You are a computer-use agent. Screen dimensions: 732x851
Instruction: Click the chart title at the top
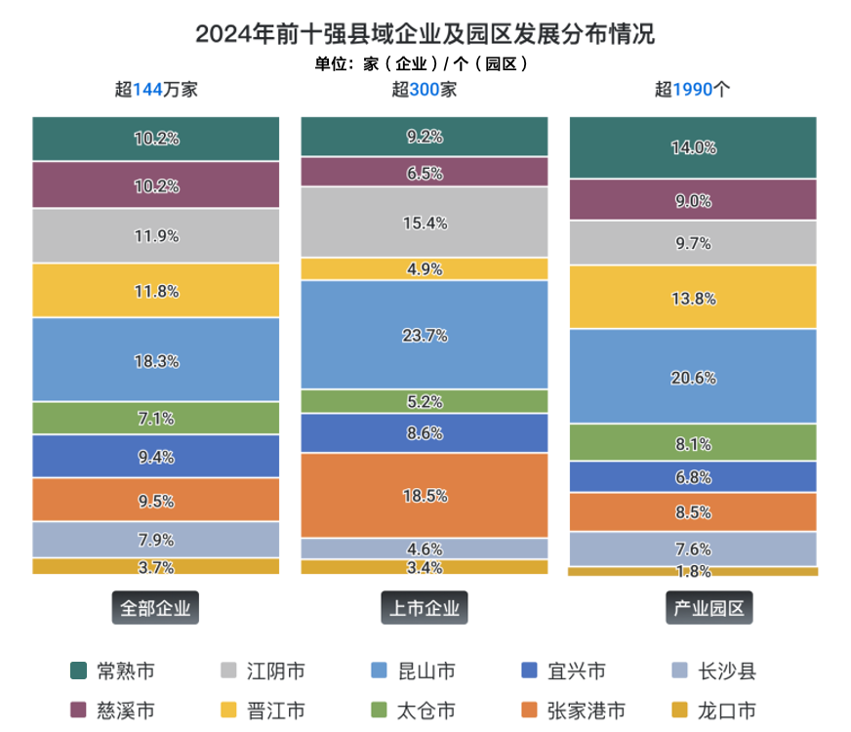point(425,34)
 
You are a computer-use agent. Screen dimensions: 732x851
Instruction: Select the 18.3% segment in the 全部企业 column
point(156,360)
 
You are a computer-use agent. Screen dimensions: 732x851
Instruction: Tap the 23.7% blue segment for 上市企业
point(425,335)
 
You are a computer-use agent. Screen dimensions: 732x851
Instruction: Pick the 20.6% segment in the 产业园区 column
point(693,376)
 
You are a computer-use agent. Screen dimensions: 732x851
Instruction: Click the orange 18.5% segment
point(425,496)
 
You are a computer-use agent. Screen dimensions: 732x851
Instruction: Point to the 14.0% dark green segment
point(693,147)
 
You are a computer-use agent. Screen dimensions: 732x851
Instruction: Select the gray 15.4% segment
point(425,223)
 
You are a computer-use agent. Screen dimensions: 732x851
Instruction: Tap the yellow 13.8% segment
point(693,298)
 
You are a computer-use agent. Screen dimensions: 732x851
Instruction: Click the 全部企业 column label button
point(156,609)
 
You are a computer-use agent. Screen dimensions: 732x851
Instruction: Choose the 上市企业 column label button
point(425,609)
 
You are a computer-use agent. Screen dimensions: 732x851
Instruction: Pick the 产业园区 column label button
point(693,609)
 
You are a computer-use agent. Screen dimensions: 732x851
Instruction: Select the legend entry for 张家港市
point(572,711)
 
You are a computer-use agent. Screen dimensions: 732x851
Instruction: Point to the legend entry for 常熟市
point(113,671)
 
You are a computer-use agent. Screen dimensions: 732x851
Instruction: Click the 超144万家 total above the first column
point(156,90)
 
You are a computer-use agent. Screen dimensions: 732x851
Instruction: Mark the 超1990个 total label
point(693,90)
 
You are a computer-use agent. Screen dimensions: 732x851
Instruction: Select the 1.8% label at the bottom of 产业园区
point(693,572)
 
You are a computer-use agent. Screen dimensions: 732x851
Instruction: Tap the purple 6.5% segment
point(425,173)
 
